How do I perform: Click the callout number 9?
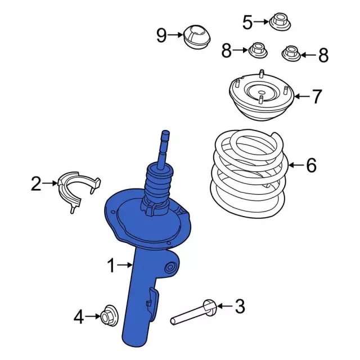[161, 35]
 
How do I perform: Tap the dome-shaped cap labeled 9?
[197, 37]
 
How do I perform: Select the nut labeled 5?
[280, 22]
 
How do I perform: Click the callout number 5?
[247, 22]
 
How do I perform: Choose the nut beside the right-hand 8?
[291, 54]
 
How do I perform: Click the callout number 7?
[317, 96]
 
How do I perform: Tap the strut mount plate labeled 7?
[261, 95]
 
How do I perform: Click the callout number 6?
[311, 165]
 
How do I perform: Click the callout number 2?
[36, 183]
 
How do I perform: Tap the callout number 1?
[111, 265]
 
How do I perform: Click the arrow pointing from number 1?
[125, 265]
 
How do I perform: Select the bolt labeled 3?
[193, 312]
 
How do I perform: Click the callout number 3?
[240, 306]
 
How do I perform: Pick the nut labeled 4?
[109, 316]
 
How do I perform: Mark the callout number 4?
[79, 317]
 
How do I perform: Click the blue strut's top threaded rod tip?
[166, 133]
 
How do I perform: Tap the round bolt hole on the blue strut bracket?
[170, 267]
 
